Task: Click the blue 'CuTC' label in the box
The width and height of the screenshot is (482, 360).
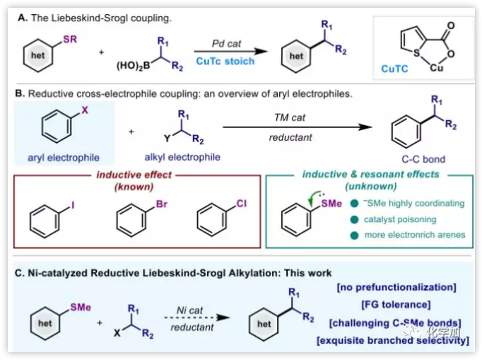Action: pos(395,69)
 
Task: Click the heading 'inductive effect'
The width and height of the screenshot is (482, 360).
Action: pos(134,175)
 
